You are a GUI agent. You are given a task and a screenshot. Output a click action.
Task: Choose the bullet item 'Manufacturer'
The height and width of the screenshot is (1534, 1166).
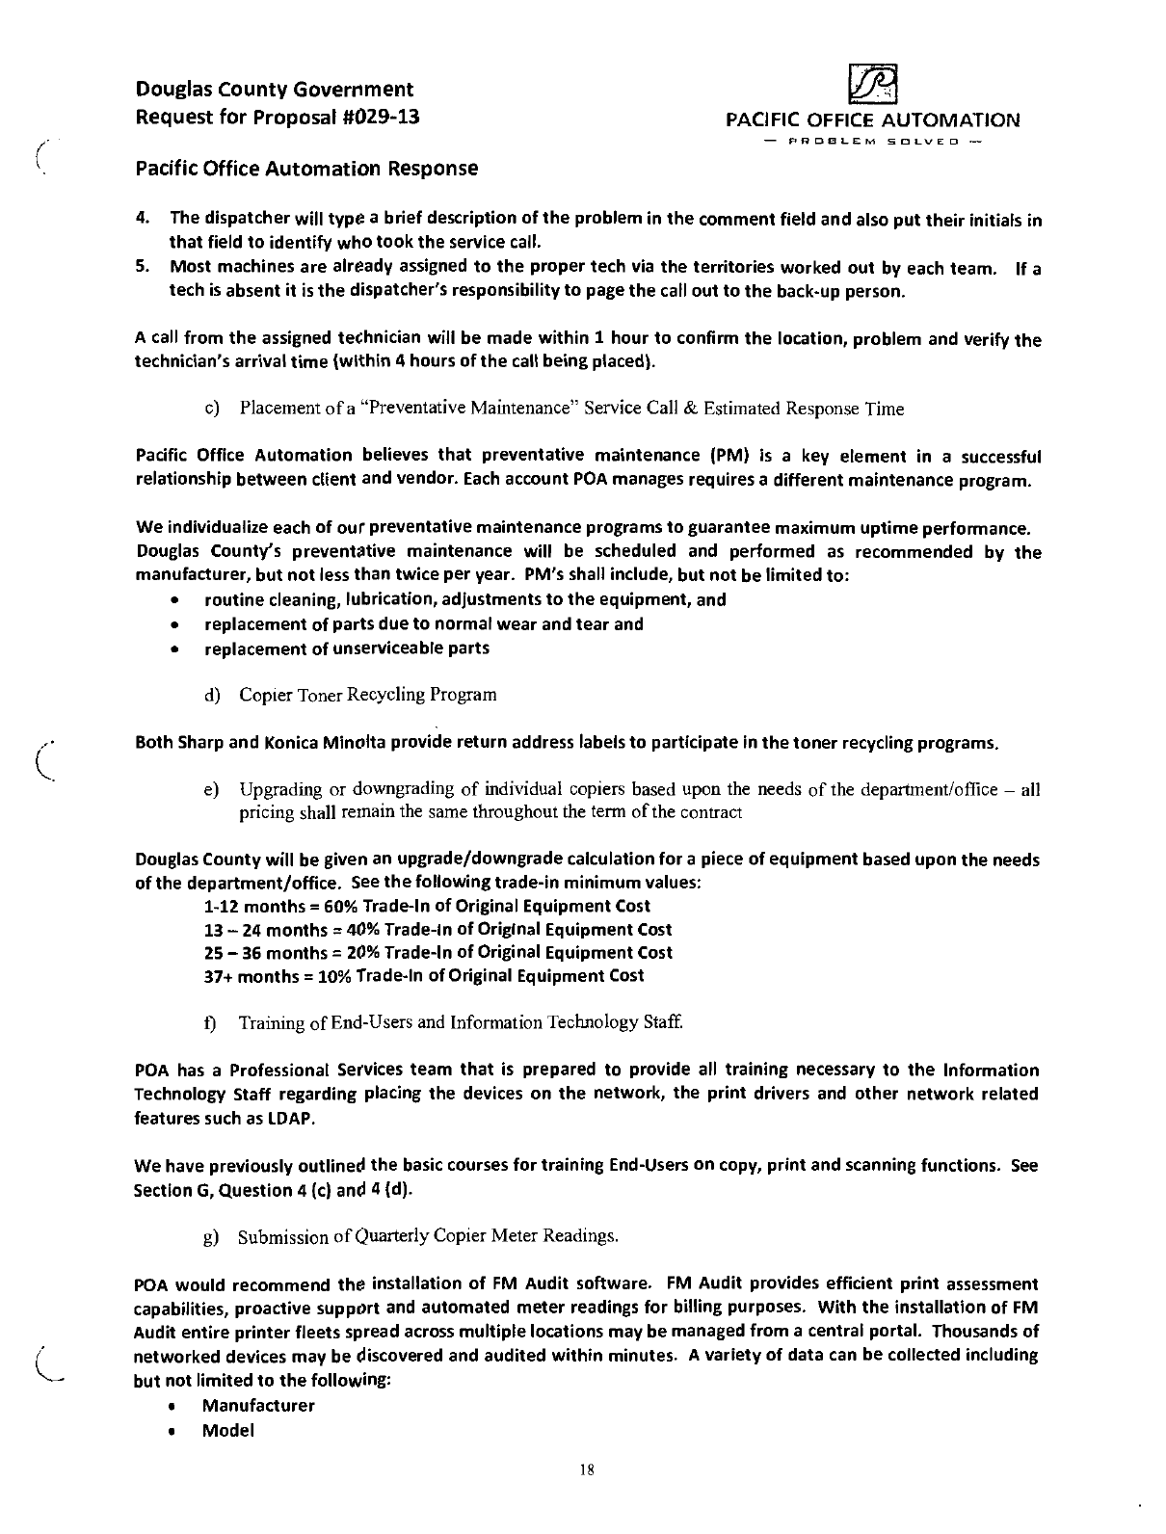pos(258,1406)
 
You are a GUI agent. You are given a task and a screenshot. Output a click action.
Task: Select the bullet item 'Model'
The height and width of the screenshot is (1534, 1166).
pos(227,1431)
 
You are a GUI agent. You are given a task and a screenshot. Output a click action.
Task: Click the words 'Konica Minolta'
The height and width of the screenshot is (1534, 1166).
pos(314,744)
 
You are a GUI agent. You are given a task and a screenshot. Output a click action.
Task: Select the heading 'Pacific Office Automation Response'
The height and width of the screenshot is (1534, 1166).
pos(306,169)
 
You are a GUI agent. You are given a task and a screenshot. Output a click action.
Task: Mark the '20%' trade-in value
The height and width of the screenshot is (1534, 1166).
pos(361,953)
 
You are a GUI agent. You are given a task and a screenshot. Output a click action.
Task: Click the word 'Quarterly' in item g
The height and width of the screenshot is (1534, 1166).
pos(393,1236)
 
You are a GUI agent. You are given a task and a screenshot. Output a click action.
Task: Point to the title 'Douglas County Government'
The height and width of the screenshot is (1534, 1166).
pos(275,90)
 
